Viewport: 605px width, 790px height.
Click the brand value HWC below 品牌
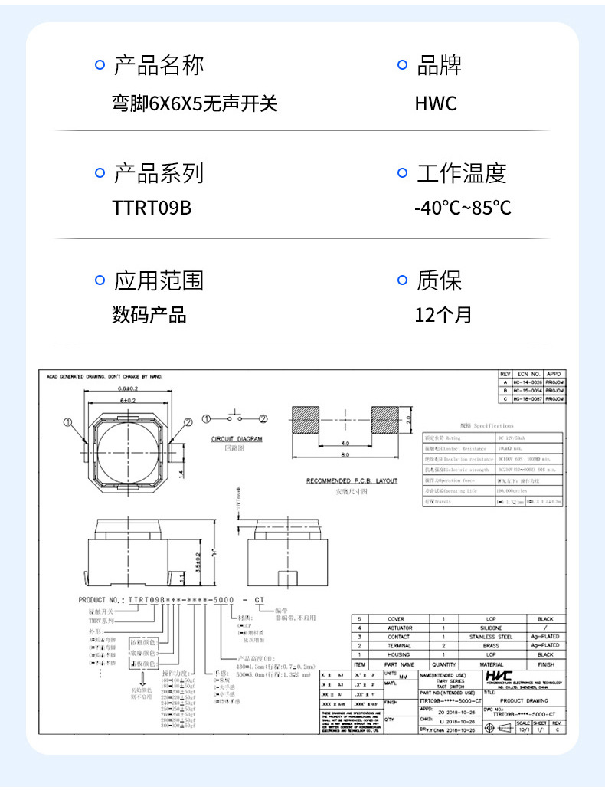pos(436,103)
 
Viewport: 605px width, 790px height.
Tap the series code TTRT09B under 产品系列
pos(152,208)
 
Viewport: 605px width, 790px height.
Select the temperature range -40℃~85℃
pos(463,208)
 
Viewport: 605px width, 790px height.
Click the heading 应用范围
pos(159,280)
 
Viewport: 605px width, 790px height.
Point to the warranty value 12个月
pos(443,314)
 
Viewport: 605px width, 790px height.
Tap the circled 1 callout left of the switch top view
pos(67,421)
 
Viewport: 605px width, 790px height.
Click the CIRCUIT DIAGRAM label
pos(237,439)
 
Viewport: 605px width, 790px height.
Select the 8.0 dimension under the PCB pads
pos(345,454)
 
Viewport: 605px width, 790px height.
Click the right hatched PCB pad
pos(386,421)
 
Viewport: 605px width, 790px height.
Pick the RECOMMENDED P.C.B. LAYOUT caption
pos(352,481)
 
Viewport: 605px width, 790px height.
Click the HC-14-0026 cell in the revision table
pos(528,382)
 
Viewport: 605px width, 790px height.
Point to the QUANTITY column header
pos(443,664)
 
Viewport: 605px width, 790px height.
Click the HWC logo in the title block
pos(498,677)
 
